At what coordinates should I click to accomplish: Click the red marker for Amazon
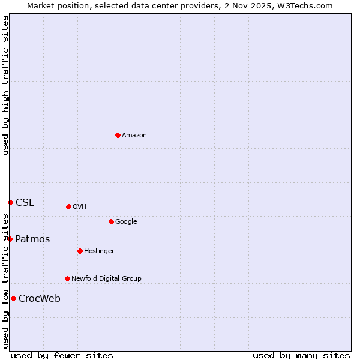click(x=118, y=135)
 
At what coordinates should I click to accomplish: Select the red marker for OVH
click(x=68, y=206)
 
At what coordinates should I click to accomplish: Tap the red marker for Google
click(x=111, y=221)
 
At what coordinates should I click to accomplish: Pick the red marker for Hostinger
click(x=80, y=251)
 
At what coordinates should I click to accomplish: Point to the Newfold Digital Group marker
click(x=67, y=278)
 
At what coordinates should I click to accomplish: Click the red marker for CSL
click(x=10, y=202)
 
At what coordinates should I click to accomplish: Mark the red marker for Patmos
click(x=10, y=239)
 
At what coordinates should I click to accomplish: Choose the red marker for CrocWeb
click(x=13, y=298)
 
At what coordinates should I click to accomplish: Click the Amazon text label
click(x=134, y=136)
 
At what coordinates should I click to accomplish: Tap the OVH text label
click(x=80, y=207)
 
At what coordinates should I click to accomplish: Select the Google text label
click(x=126, y=222)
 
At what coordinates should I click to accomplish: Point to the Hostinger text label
click(x=99, y=251)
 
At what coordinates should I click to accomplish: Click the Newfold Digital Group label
click(x=106, y=279)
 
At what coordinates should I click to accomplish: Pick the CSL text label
click(x=25, y=203)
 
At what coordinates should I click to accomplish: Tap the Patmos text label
click(x=32, y=239)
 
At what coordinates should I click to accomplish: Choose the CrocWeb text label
click(x=40, y=299)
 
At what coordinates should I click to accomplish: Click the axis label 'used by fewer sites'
click(x=62, y=356)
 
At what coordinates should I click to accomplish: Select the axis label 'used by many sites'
click(x=301, y=356)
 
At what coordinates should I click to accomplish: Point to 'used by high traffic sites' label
click(x=5, y=86)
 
